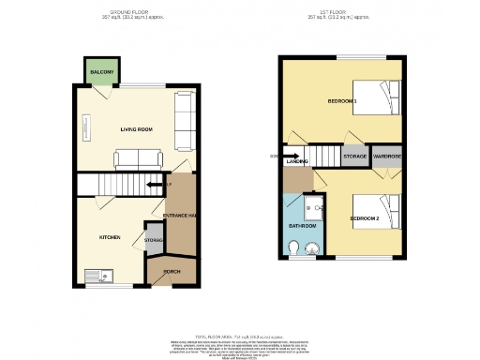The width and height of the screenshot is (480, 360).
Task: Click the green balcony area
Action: pyautogui.click(x=101, y=71)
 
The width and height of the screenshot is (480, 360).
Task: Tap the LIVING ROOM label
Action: pyautogui.click(x=136, y=129)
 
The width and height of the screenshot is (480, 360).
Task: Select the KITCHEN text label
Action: pyautogui.click(x=111, y=237)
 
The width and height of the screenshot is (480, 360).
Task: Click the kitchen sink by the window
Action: pyautogui.click(x=97, y=275)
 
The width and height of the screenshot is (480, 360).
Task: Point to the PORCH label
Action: pyautogui.click(x=172, y=272)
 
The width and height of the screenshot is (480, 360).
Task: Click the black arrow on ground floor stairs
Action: pyautogui.click(x=152, y=185)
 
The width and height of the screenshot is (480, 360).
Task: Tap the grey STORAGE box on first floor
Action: pyautogui.click(x=354, y=156)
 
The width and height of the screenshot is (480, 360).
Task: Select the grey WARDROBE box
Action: pyautogui.click(x=387, y=156)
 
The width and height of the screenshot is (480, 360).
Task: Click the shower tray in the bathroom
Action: pyautogui.click(x=315, y=210)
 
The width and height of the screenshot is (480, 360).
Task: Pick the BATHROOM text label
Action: pyautogui.click(x=302, y=227)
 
